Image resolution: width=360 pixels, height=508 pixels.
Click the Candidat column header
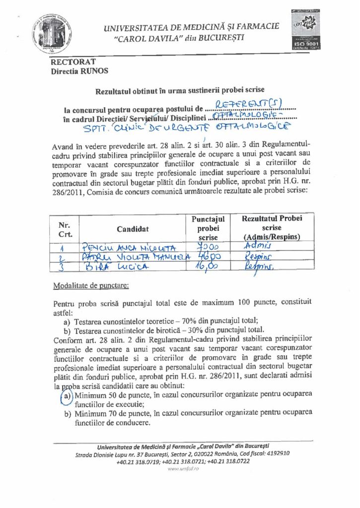133,229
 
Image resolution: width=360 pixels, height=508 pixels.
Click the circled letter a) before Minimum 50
68,395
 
